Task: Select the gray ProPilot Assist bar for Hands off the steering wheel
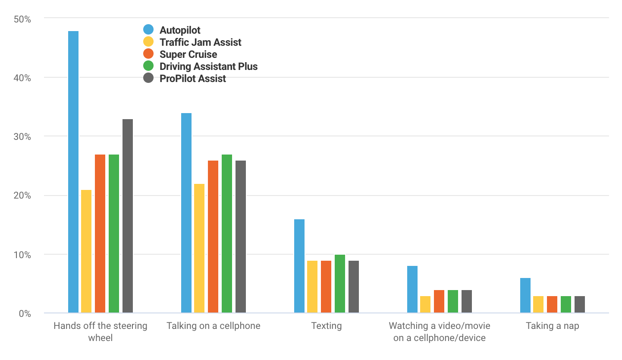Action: [x=128, y=216]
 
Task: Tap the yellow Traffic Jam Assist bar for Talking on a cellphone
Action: [x=199, y=248]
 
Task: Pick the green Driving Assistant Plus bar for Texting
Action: [x=340, y=284]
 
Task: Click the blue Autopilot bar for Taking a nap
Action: [x=525, y=295]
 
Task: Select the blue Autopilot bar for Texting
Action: [x=299, y=266]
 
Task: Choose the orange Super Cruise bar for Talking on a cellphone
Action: [x=213, y=237]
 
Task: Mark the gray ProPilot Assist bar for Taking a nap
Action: [x=580, y=304]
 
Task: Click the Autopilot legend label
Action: [x=180, y=30]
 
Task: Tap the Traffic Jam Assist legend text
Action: [x=200, y=42]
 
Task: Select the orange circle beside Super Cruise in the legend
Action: [x=148, y=54]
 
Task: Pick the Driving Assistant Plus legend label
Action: [x=208, y=66]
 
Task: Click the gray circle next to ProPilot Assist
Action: [x=148, y=79]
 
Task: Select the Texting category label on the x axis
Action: [x=327, y=326]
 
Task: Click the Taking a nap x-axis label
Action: [x=552, y=326]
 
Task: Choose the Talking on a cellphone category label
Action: [x=214, y=326]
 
